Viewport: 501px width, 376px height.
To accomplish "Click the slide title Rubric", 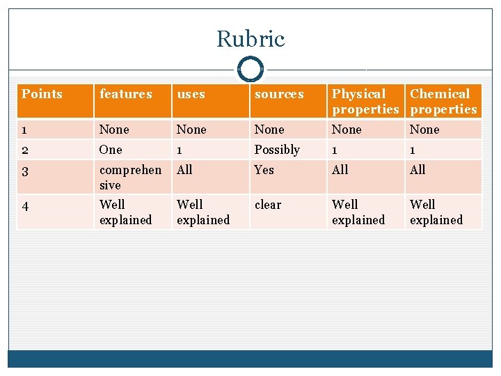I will tap(250, 39).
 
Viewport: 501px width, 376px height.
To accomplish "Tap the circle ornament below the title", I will tap(250, 70).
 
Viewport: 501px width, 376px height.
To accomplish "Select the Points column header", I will tap(42, 94).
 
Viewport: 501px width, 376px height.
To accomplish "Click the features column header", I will tap(125, 94).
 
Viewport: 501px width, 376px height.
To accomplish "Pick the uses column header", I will tap(191, 94).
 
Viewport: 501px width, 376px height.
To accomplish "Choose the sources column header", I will tap(279, 94).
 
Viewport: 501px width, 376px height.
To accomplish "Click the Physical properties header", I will tap(365, 101).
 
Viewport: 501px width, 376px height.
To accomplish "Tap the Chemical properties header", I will tap(443, 101).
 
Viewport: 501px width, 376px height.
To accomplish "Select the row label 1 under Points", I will tap(24, 130).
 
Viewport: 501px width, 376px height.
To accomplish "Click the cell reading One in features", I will tap(111, 150).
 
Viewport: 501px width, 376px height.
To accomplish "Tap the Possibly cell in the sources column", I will tap(277, 150).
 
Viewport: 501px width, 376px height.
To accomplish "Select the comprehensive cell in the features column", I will tap(130, 177).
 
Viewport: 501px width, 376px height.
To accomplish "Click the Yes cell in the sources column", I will tap(264, 170).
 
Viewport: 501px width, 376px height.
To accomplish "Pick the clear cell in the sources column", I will tap(268, 205).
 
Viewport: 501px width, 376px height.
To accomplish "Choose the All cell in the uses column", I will tap(184, 170).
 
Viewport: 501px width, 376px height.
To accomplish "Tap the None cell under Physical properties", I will tap(347, 130).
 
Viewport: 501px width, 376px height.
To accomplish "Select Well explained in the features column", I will tap(125, 212).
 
